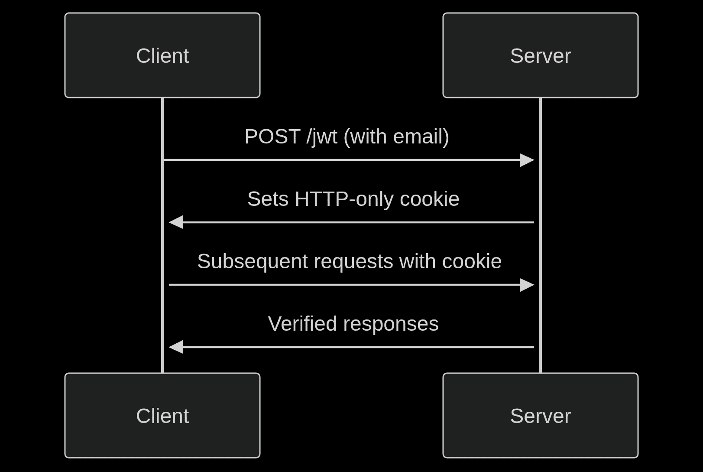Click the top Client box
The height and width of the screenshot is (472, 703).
coord(162,55)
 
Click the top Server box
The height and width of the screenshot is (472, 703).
coord(540,55)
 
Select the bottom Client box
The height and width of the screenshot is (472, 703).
coord(162,415)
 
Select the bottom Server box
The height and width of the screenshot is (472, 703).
coord(540,415)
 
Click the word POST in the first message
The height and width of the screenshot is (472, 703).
coord(272,137)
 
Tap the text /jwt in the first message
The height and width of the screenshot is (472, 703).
coord(321,137)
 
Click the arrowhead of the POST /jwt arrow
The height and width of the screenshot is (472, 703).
coord(527,160)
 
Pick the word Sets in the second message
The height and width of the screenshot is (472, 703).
coord(268,199)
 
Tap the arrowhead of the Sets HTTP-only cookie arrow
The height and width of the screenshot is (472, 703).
coord(176,222)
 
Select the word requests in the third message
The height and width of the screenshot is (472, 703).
coord(353,262)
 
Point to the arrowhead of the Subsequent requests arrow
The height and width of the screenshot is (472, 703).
coord(527,285)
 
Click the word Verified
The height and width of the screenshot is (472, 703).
coord(302,324)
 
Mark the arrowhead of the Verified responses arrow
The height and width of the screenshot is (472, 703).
coord(176,347)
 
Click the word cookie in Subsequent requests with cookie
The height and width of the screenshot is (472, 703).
coord(472,262)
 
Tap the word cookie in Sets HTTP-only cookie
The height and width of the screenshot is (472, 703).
coord(429,199)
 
